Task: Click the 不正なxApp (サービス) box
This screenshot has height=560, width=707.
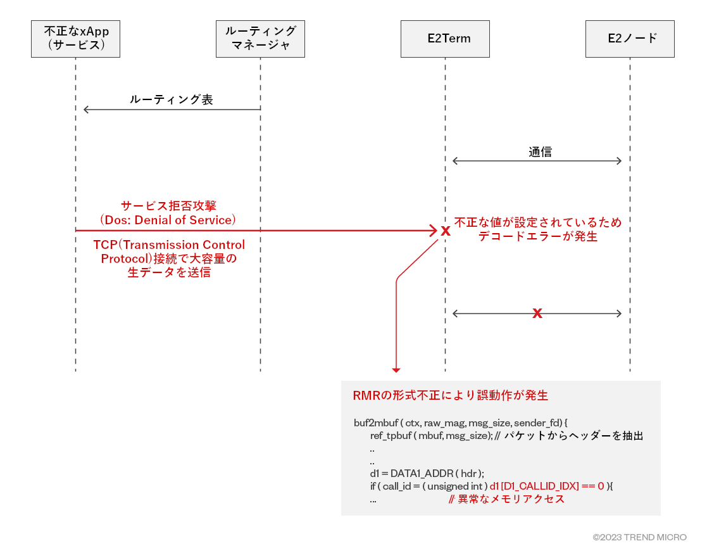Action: click(75, 39)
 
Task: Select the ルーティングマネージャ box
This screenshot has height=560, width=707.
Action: click(260, 39)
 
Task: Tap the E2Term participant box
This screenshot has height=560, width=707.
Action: click(445, 39)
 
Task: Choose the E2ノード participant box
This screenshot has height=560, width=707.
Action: click(630, 39)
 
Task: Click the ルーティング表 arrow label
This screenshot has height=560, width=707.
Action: click(172, 99)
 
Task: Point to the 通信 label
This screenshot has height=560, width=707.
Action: click(540, 151)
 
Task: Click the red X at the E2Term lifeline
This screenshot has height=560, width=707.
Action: click(446, 231)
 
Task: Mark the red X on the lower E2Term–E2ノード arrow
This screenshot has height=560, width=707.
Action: click(537, 313)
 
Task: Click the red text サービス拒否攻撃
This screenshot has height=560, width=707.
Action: click(168, 207)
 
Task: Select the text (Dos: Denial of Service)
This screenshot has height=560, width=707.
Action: click(168, 220)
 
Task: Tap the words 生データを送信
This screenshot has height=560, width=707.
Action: click(169, 272)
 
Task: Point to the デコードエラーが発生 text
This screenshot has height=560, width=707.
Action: click(537, 237)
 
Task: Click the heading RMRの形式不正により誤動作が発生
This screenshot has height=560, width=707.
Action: click(450, 395)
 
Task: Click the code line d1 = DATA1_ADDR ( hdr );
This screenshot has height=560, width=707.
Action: click(427, 473)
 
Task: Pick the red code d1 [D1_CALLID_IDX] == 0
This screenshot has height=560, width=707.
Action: click(547, 486)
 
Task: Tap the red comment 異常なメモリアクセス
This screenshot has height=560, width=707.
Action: click(506, 499)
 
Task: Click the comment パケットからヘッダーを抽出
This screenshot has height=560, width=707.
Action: click(573, 436)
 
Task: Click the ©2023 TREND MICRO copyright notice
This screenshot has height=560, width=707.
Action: click(639, 537)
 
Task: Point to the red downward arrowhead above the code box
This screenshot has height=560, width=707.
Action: click(396, 370)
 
